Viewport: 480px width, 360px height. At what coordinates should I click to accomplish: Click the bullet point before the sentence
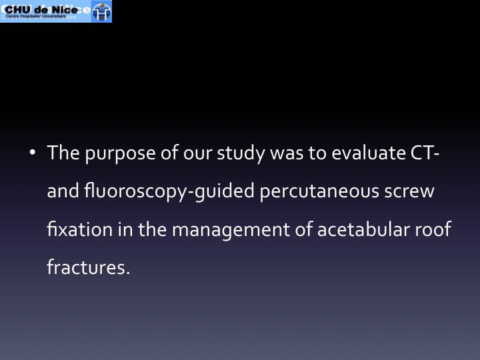tap(33, 152)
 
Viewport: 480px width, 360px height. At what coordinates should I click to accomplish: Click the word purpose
tap(120, 154)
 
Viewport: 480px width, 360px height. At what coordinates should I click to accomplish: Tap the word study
tap(241, 153)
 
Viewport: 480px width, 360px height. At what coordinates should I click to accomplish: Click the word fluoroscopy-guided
tap(169, 191)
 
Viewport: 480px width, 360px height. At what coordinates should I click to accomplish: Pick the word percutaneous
tap(319, 192)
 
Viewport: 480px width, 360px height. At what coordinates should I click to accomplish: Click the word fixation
tap(79, 229)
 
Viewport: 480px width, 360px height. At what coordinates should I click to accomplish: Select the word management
tap(231, 231)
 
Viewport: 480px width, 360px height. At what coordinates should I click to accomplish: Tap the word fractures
tap(89, 267)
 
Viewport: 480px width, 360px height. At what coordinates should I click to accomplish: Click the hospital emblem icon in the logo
tap(101, 11)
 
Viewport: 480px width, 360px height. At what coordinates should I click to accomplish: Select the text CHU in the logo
tap(18, 9)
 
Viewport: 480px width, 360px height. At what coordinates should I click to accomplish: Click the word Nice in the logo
tap(64, 9)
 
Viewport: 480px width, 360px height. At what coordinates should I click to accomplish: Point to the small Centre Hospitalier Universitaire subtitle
tap(36, 16)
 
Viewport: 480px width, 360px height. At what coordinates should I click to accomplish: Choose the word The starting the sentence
tap(63, 152)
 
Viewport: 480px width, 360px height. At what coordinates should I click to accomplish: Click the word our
tap(197, 154)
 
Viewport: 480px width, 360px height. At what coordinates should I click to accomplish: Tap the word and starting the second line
tap(63, 191)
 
